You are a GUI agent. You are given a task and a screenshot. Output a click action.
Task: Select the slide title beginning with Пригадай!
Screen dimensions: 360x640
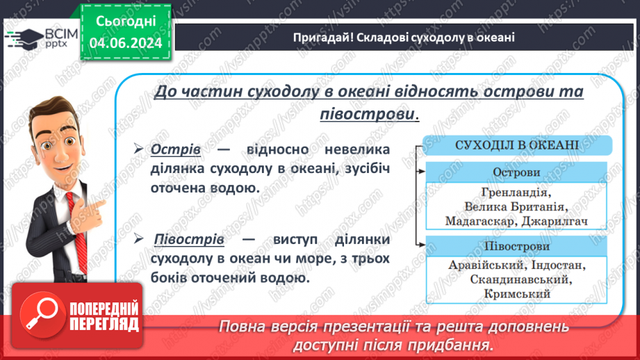point(403,37)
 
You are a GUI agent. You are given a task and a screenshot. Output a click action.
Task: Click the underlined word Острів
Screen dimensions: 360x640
point(176,150)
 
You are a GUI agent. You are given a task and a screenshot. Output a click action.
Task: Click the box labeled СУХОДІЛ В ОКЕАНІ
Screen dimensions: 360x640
point(517,146)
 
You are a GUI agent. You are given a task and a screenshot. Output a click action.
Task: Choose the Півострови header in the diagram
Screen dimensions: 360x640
point(516,246)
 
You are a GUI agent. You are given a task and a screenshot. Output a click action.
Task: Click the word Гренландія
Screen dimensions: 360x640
point(516,191)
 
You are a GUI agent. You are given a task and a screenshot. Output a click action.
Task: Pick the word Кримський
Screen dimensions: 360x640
point(516,295)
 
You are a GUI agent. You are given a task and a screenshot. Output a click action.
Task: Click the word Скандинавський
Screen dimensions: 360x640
point(516,280)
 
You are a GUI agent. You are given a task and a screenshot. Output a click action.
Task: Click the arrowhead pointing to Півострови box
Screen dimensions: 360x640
point(421,245)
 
